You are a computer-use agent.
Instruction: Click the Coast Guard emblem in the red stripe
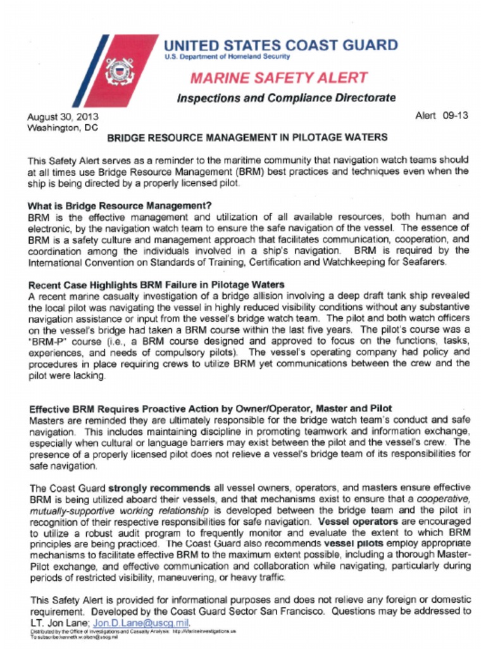(120, 70)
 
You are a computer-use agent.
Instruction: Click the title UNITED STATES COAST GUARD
(280, 45)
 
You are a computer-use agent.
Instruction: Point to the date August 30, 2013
(62, 117)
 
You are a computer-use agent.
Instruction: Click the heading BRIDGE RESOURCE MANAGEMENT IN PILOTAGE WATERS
(247, 138)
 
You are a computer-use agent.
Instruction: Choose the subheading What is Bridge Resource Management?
(120, 205)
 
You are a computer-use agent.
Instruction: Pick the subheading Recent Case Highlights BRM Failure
(156, 285)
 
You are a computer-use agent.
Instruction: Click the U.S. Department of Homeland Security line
(227, 57)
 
